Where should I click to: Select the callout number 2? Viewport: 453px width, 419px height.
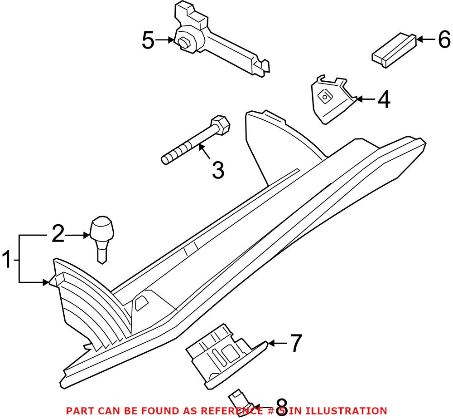tap(58, 235)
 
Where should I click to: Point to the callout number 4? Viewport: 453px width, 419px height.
tap(383, 99)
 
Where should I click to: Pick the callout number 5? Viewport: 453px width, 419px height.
tap(148, 40)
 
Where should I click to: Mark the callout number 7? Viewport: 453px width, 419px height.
tap(295, 343)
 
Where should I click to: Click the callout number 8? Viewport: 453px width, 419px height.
tap(281, 404)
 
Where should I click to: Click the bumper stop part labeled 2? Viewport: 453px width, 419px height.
tap(102, 236)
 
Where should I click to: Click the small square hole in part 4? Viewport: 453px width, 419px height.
tap(325, 95)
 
